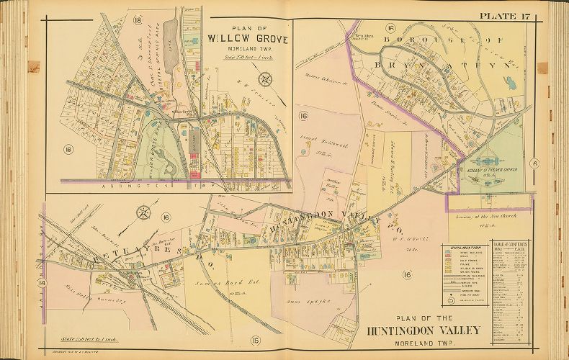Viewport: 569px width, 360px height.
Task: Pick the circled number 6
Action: point(535,163)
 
